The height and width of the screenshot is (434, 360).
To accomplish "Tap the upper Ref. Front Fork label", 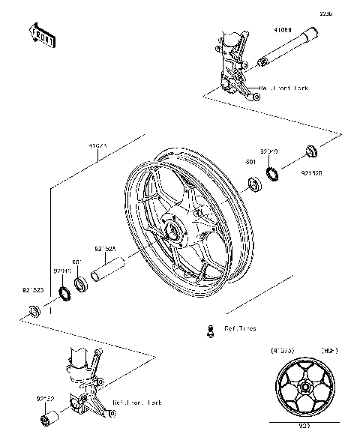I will click(284, 88).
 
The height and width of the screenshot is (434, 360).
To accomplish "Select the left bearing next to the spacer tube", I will click(80, 286).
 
